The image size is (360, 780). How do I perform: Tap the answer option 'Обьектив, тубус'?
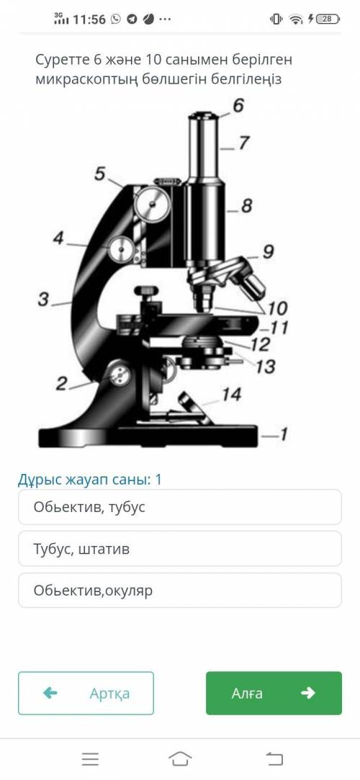pos(179,507)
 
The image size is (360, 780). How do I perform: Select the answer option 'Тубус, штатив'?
pos(179,549)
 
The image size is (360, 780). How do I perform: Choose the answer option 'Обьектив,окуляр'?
pos(179,591)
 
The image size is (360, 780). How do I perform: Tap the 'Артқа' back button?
pos(86,693)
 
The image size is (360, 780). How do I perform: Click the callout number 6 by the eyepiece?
pos(238,106)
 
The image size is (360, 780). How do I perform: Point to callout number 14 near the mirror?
pos(231,395)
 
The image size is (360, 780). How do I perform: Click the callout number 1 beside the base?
pos(282,436)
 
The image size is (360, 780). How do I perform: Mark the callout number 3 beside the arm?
pos(43,300)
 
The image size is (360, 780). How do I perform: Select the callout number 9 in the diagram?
pos(268,252)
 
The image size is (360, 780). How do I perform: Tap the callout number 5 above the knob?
pos(100,174)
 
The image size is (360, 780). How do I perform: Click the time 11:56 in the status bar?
pos(89,19)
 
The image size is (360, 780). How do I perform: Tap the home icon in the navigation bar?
pos(180,758)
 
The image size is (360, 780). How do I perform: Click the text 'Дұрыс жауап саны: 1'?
pos(90,480)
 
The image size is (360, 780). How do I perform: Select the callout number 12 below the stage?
pos(261,344)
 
